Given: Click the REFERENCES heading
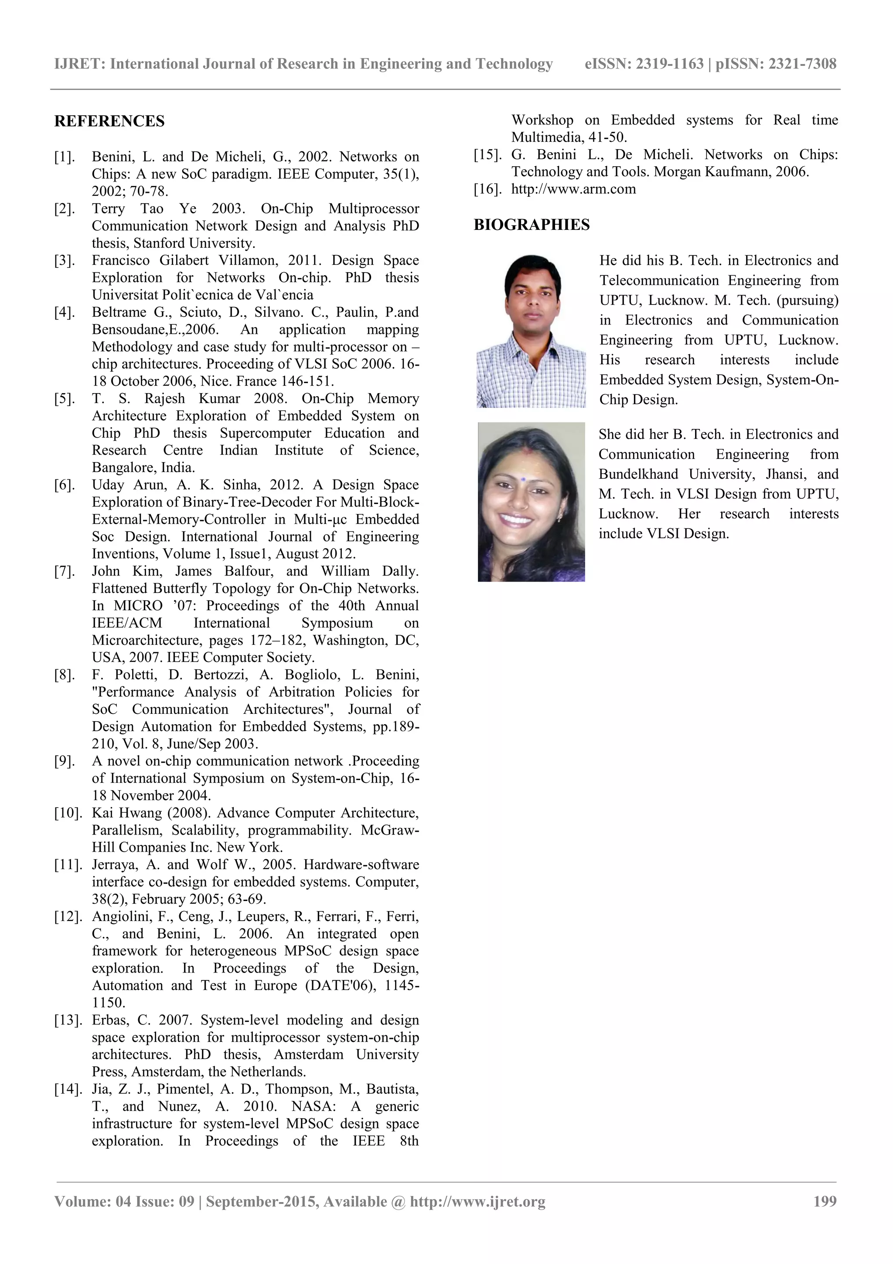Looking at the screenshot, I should [109, 121].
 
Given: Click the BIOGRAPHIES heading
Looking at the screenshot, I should [532, 225].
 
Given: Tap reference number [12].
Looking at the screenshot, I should [68, 917].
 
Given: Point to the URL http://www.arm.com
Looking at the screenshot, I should [573, 189].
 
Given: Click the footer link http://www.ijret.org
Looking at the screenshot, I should [477, 1201].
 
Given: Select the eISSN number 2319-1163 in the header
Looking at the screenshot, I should [670, 64].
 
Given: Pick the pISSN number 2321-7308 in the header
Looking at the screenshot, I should [802, 64].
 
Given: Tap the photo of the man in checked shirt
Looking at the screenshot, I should [531, 332].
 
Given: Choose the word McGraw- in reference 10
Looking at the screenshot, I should [389, 830].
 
